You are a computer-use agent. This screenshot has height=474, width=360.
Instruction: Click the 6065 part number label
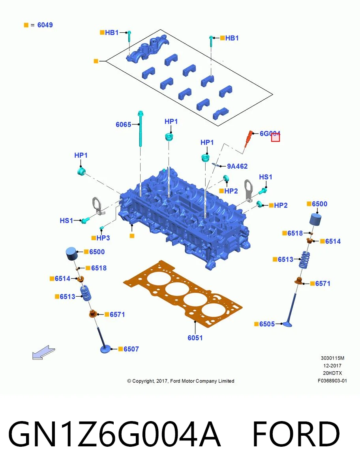click(124, 124)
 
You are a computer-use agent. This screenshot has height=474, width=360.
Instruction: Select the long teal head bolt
click(141, 128)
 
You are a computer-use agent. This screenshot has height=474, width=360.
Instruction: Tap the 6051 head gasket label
click(195, 338)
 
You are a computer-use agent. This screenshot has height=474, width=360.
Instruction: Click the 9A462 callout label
click(237, 166)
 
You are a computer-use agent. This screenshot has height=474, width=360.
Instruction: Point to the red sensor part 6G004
click(248, 138)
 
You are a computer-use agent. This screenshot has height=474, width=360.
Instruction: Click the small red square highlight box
click(276, 137)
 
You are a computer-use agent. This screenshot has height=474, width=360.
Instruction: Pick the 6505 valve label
click(267, 324)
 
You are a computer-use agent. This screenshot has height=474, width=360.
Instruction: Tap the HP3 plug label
click(103, 238)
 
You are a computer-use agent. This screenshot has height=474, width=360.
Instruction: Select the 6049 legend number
click(45, 25)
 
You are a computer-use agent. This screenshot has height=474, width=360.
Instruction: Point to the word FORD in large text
click(296, 434)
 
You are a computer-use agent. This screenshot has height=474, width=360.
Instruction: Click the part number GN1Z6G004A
click(114, 434)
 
